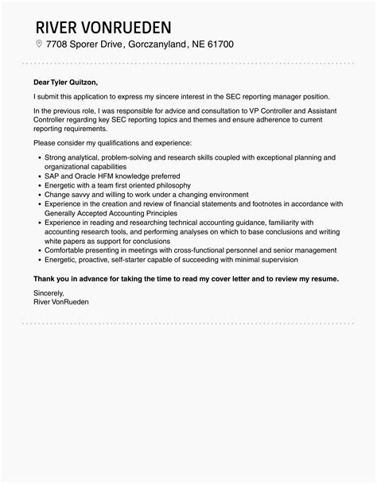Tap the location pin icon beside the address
40,44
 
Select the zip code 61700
217,44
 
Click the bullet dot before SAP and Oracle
39,176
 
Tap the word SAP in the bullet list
53,176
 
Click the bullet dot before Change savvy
39,194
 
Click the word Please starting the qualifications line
46,142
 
